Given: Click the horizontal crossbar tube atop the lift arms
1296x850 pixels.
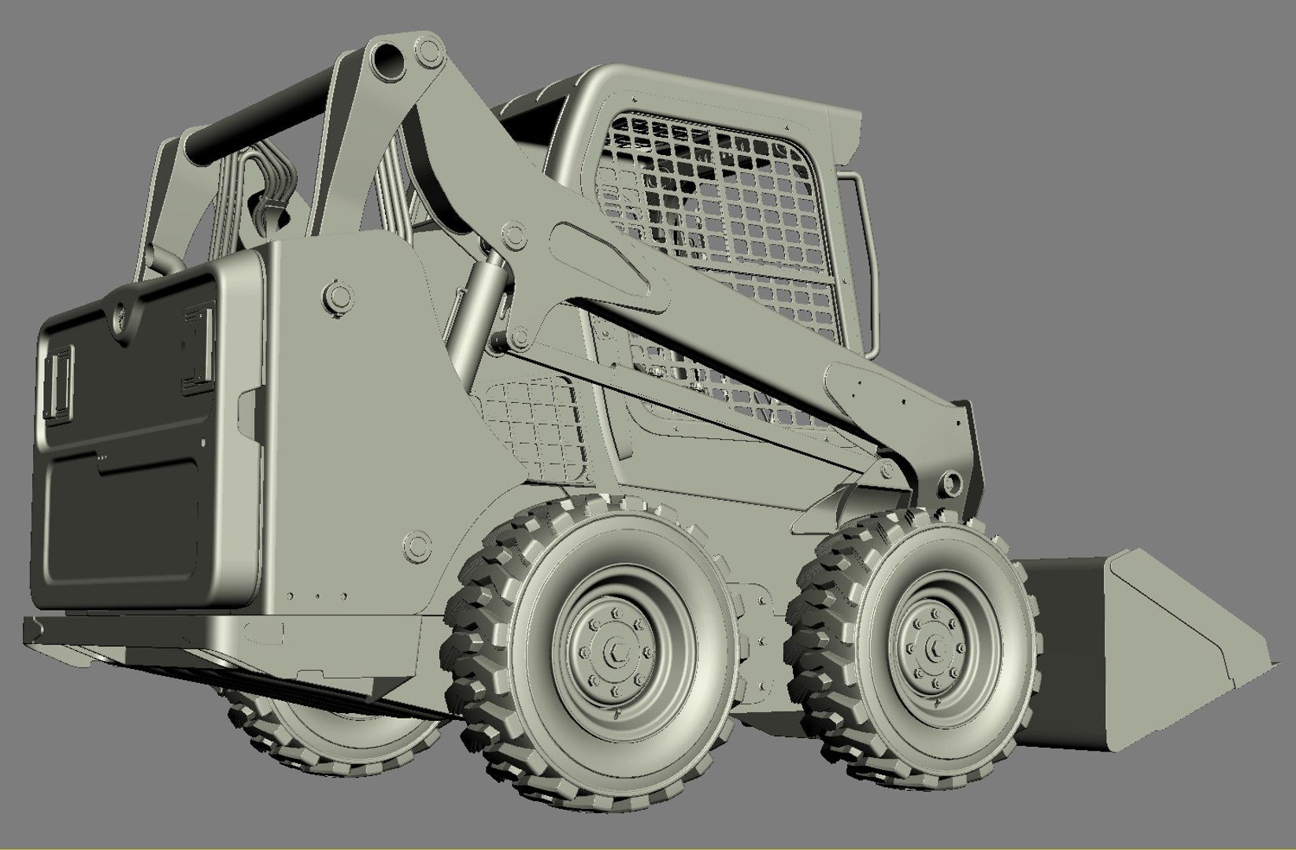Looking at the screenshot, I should pyautogui.click(x=260, y=118).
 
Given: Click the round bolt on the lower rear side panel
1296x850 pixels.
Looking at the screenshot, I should pyautogui.click(x=416, y=544).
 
